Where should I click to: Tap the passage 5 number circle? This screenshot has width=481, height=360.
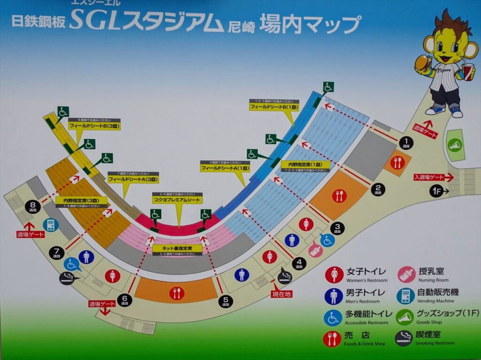[x=226, y=300]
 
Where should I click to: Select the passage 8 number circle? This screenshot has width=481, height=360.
[x=33, y=205]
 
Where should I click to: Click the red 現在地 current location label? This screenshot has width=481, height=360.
[x=282, y=294]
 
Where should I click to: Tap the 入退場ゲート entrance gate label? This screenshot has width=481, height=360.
[x=429, y=177]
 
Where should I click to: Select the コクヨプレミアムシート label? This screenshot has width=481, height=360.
[x=177, y=200]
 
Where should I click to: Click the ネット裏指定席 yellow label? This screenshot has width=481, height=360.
[x=177, y=248]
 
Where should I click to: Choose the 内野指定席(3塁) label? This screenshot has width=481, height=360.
[x=81, y=200]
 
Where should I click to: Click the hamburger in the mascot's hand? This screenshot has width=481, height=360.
[x=422, y=62]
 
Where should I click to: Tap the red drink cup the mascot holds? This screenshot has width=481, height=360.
[x=468, y=73]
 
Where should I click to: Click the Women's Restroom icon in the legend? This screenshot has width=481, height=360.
[x=334, y=275]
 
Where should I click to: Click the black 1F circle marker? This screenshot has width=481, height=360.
[x=436, y=191]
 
